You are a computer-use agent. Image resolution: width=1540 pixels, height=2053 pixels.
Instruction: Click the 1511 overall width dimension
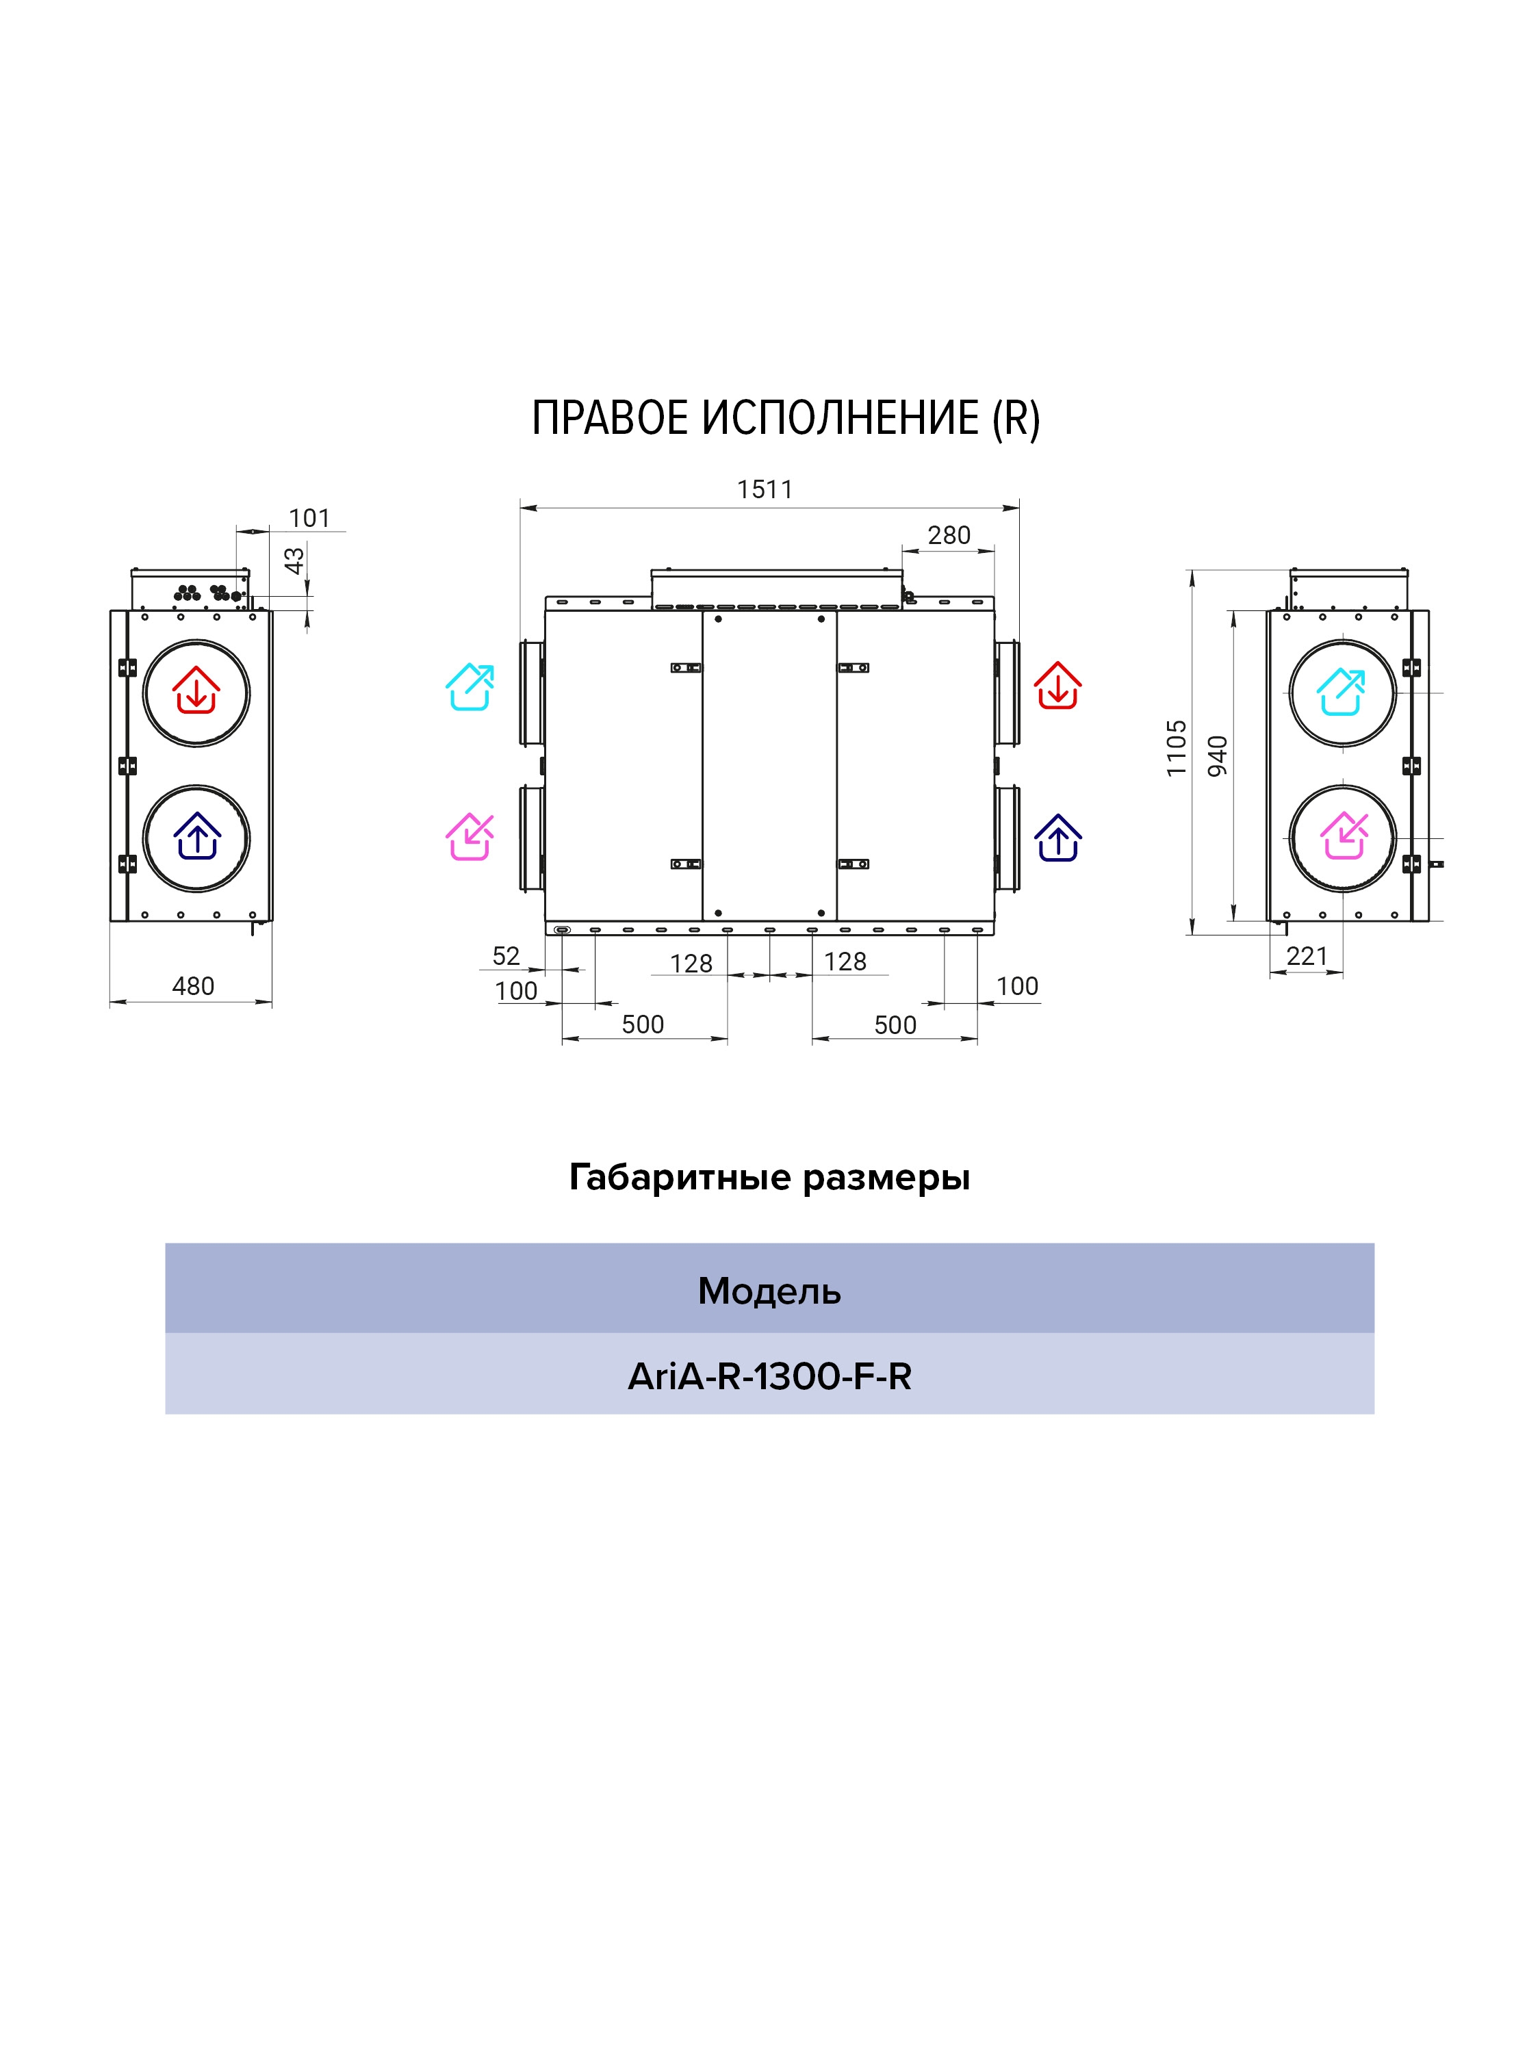pyautogui.click(x=765, y=489)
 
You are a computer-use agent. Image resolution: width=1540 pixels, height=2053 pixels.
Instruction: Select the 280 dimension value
pyautogui.click(x=949, y=536)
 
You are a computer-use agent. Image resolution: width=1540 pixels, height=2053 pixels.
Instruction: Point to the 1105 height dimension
pyautogui.click(x=1176, y=747)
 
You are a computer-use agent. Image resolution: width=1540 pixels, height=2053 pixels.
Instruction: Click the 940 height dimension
pyautogui.click(x=1217, y=756)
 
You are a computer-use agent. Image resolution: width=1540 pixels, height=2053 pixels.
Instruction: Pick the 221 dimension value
pyautogui.click(x=1307, y=956)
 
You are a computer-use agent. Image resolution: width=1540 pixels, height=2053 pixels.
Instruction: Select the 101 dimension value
pyautogui.click(x=309, y=518)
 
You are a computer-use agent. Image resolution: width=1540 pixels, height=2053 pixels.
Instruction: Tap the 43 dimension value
pyautogui.click(x=294, y=560)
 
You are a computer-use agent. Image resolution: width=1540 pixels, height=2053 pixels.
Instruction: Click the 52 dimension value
pyautogui.click(x=506, y=956)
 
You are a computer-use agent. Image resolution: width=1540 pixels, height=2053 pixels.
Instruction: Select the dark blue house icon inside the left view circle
pyautogui.click(x=197, y=836)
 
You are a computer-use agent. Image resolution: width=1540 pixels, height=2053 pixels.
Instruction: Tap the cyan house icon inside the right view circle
pyautogui.click(x=1342, y=691)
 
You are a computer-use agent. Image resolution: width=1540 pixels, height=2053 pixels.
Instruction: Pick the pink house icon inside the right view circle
pyautogui.click(x=1343, y=836)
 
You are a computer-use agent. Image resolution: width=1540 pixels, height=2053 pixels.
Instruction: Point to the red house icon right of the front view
pyautogui.click(x=1058, y=685)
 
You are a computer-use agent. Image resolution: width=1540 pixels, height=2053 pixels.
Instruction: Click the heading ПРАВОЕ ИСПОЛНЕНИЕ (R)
pyautogui.click(x=785, y=419)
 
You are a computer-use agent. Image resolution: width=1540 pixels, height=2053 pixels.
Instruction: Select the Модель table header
pyautogui.click(x=769, y=1291)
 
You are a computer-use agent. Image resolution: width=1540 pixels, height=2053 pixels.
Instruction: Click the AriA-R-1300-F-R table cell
pyautogui.click(x=769, y=1376)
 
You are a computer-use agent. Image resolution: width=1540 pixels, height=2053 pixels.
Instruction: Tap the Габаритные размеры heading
pyautogui.click(x=769, y=1178)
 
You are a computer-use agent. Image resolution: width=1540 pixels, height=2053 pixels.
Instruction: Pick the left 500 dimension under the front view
pyautogui.click(x=643, y=1024)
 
